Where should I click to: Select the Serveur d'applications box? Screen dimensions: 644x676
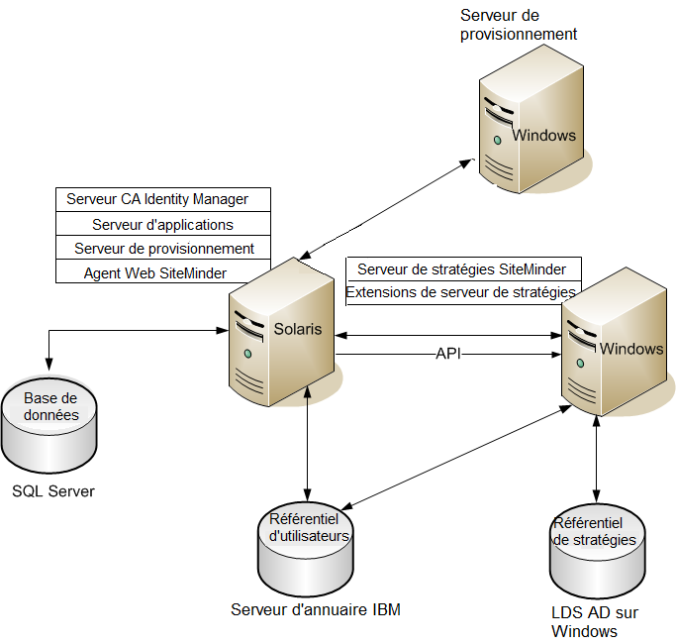tap(163, 225)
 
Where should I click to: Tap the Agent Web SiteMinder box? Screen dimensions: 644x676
tap(155, 272)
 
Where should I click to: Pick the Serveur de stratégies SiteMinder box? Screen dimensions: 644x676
tap(462, 269)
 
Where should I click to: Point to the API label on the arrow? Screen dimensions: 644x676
tap(448, 354)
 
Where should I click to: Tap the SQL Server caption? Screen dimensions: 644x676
tap(53, 490)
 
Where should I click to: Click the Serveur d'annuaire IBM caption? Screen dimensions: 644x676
tap(316, 609)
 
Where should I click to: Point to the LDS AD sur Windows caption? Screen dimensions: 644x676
tap(594, 621)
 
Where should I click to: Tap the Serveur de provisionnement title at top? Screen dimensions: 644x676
tap(519, 25)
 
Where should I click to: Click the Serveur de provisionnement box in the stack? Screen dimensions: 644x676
tap(163, 249)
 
